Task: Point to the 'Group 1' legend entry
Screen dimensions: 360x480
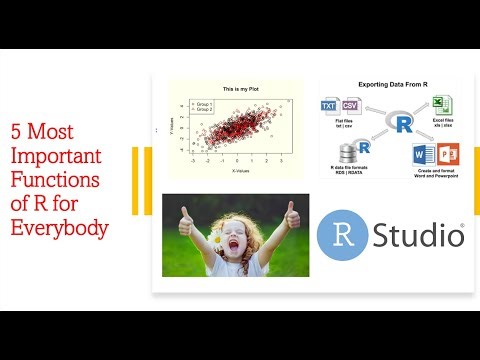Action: click(207, 103)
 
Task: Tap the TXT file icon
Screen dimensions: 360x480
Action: click(329, 106)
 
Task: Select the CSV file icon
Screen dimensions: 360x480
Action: click(350, 106)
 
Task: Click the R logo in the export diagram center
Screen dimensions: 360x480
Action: click(403, 124)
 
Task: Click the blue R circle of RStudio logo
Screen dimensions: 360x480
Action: click(340, 236)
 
